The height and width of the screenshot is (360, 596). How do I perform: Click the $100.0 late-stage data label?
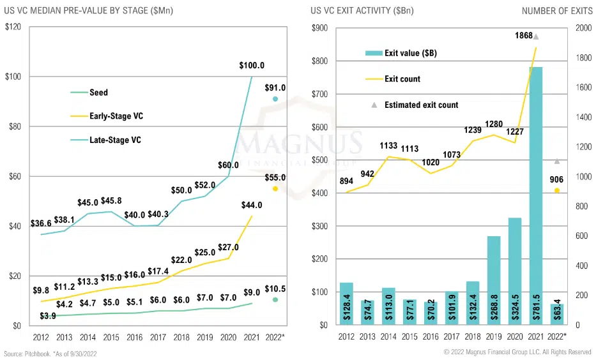point(252,66)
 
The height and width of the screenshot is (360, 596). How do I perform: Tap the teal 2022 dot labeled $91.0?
point(275,99)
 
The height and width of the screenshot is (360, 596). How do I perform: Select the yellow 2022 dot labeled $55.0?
point(275,189)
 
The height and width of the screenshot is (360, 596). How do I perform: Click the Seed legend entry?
point(99,93)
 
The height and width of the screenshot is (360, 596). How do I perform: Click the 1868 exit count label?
point(524,36)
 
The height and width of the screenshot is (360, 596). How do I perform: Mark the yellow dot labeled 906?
point(557,190)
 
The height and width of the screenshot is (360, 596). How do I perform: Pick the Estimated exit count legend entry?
point(422,105)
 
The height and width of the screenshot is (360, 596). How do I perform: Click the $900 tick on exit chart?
point(319,28)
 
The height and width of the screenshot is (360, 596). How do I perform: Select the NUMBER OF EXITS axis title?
point(553,11)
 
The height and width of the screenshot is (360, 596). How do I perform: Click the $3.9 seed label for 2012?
point(47,316)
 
